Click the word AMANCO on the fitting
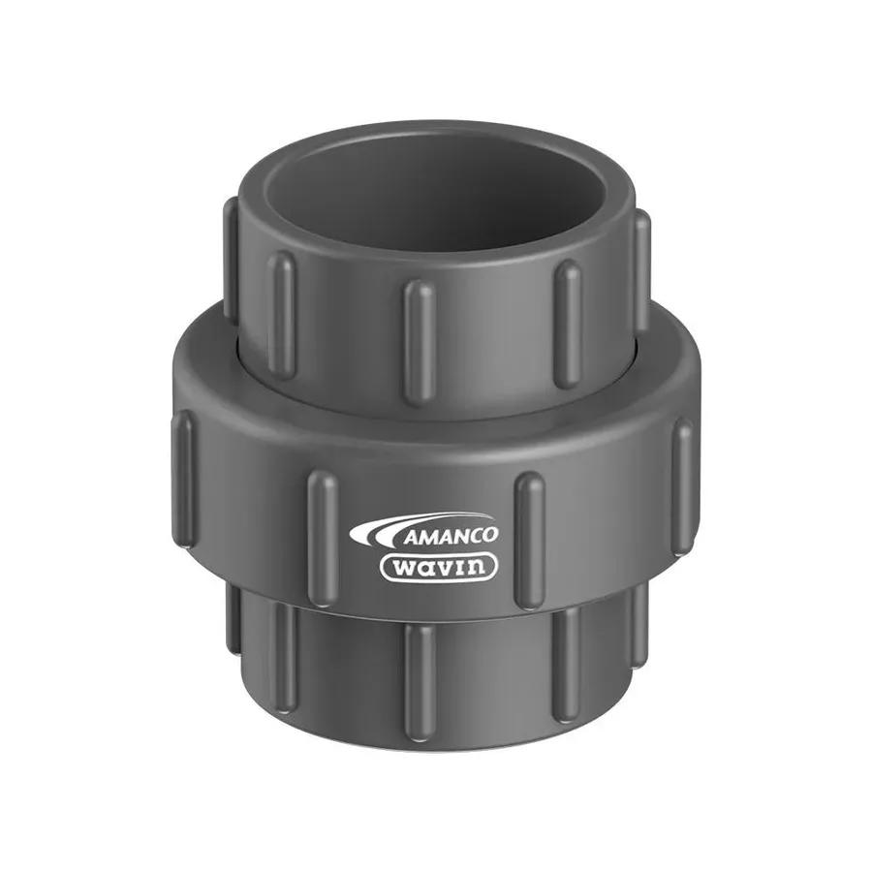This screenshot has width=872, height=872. (450, 536)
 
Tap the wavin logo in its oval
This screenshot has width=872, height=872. (439, 567)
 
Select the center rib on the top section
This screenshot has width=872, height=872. (420, 340)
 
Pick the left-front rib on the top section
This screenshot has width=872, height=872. (281, 315)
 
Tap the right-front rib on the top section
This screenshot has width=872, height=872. (568, 324)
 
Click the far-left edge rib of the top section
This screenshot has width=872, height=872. (231, 259)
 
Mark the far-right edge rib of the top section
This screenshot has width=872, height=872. (641, 271)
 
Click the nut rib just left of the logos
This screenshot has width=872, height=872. (323, 539)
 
